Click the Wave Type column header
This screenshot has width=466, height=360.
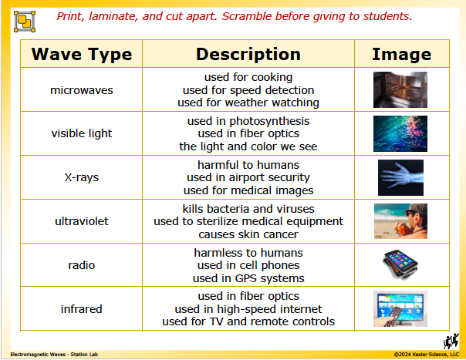(x=82, y=55)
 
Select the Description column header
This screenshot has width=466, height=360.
(x=248, y=55)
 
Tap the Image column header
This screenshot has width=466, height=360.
(x=401, y=55)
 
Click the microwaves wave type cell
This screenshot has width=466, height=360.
(x=82, y=90)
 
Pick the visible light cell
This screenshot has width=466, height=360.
(x=82, y=133)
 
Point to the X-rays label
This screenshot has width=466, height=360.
(x=82, y=177)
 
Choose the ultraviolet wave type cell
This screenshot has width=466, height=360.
(x=82, y=221)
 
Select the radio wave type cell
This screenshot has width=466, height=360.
(x=82, y=265)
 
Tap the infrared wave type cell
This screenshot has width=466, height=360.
(x=82, y=309)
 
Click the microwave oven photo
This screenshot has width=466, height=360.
(x=400, y=89)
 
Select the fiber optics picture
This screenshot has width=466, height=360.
(x=400, y=133)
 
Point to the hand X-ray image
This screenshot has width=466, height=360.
(x=400, y=177)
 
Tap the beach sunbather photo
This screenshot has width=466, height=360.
(x=400, y=221)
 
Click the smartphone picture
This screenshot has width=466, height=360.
(x=400, y=264)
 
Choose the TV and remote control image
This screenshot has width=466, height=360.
(x=400, y=308)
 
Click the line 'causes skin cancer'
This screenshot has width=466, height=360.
(x=248, y=234)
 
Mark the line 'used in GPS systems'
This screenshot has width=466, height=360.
(x=248, y=278)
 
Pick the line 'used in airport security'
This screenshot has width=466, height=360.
(x=248, y=177)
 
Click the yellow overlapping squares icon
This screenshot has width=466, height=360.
(x=25, y=22)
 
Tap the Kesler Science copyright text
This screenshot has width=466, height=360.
(x=427, y=355)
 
